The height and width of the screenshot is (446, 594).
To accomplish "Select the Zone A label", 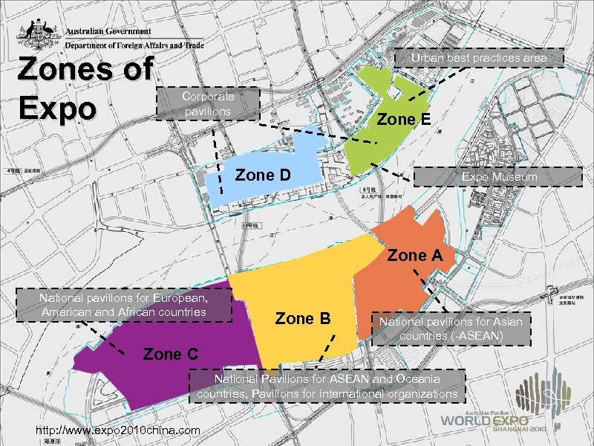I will (415, 256).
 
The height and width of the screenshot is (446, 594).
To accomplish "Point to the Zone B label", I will (302, 319).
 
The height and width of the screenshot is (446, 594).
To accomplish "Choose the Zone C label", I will (170, 354).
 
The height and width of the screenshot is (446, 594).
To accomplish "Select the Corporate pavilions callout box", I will (208, 103).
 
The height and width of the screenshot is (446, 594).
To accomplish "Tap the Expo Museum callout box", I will (497, 177).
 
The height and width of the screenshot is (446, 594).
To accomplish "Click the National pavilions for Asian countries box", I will (451, 329).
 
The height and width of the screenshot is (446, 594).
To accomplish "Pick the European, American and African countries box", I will (123, 305).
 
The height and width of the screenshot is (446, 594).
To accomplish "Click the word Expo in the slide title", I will (57, 109).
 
